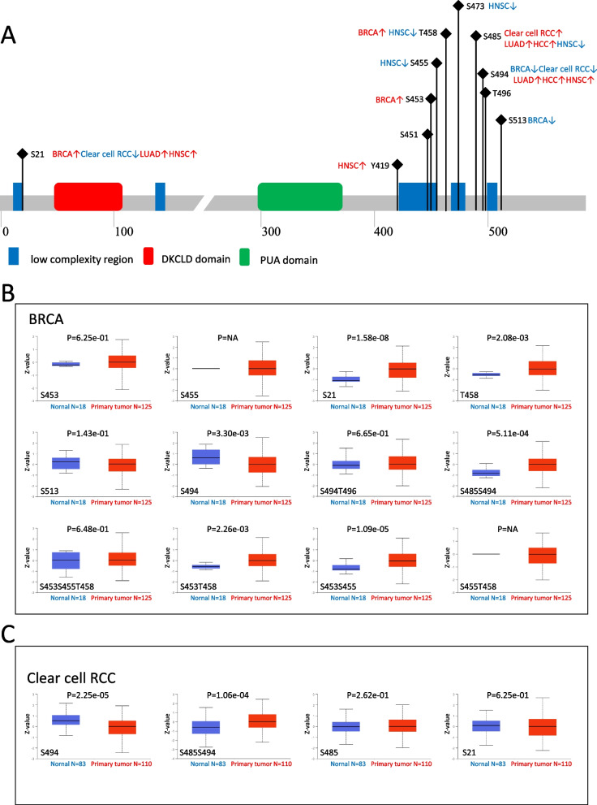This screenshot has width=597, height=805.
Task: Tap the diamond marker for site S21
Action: click(x=22, y=154)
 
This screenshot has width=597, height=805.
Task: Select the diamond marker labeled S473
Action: click(x=459, y=6)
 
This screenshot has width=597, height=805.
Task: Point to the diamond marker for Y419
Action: click(x=397, y=165)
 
